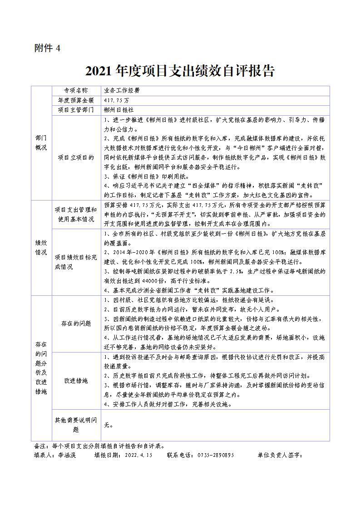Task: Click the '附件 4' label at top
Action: point(47,48)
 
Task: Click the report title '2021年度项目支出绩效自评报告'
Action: point(180,71)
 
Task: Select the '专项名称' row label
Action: point(75,90)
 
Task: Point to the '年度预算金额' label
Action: point(75,100)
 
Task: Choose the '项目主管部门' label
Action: point(75,110)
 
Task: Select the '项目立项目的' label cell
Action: point(75,157)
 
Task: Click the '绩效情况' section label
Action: point(41,247)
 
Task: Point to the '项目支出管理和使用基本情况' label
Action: point(75,214)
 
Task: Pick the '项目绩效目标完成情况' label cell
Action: point(75,262)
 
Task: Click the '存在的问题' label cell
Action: point(75,323)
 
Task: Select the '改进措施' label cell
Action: point(75,380)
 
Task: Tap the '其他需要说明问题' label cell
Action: point(75,425)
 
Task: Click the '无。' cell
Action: point(108,425)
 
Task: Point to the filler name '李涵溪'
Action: point(67,455)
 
